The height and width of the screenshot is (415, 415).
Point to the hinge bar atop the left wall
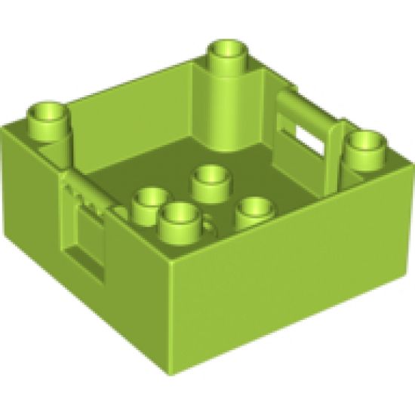coord(88,189)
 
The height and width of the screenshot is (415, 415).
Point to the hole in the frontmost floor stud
coord(178,212)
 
